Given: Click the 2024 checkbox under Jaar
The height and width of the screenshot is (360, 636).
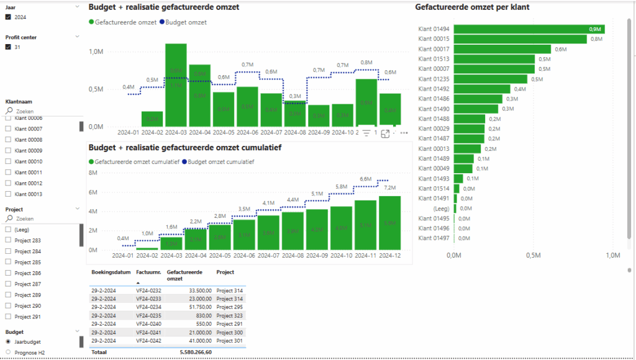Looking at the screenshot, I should click(x=8, y=17).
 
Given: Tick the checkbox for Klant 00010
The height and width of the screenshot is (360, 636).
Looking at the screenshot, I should click(x=8, y=161).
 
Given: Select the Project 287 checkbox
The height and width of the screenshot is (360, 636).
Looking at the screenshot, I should click(x=8, y=284).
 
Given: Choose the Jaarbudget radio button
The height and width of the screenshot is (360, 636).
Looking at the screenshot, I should click(x=8, y=341).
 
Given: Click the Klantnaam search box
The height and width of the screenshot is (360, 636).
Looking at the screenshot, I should click(x=43, y=111).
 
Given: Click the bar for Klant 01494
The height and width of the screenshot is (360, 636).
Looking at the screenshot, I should click(x=529, y=29).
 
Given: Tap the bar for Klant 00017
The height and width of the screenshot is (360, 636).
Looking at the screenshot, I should click(x=502, y=49).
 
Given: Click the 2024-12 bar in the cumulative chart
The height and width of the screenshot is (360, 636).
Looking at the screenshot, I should click(x=389, y=223).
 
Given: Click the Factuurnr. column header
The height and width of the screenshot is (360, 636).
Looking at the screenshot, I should click(x=148, y=272).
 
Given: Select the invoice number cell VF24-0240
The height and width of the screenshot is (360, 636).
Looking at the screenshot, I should click(x=148, y=324).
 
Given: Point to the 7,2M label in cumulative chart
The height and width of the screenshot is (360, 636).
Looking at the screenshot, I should click(x=390, y=187).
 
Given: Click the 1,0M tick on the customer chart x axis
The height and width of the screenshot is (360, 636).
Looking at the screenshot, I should click(x=612, y=255).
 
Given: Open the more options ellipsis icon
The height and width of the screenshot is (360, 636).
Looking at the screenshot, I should click(x=404, y=133).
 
